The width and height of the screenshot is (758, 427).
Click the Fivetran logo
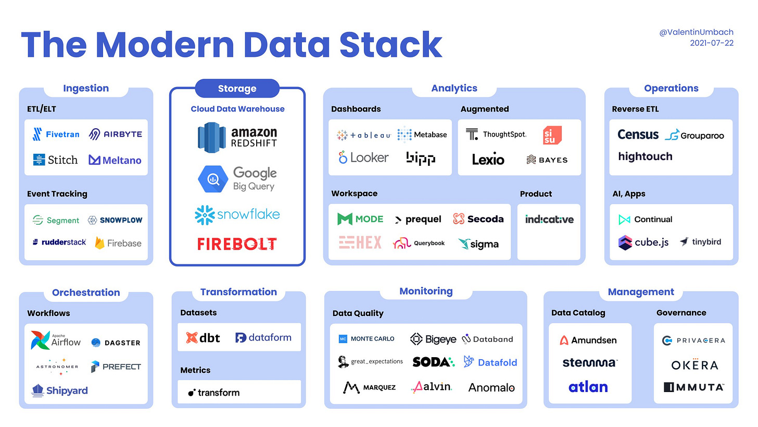click(56, 134)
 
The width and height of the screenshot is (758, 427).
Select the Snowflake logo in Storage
click(237, 214)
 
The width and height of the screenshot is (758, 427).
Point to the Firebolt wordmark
click(237, 243)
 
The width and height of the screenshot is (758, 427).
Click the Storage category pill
click(237, 89)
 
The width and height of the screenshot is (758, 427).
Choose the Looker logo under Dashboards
click(363, 157)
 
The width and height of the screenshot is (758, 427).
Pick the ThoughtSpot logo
click(496, 134)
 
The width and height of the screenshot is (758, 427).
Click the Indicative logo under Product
click(549, 219)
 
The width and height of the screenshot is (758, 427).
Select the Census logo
click(638, 135)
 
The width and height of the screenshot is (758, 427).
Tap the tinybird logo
click(700, 242)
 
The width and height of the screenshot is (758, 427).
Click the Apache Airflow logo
click(56, 340)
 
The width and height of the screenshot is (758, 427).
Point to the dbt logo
click(203, 338)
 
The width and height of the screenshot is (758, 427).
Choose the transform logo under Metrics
click(214, 393)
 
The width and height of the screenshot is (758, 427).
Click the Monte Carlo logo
click(367, 339)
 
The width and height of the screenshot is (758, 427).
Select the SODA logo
click(433, 361)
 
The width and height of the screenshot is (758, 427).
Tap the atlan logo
click(588, 387)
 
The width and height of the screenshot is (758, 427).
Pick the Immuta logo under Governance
click(693, 387)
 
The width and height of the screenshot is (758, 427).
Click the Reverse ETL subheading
click(635, 109)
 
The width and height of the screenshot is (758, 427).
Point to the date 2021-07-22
click(712, 43)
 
